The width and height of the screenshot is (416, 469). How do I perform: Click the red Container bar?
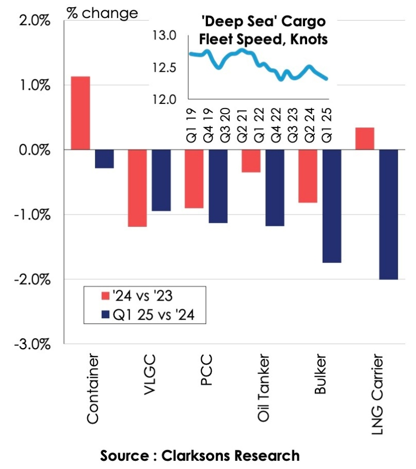81,113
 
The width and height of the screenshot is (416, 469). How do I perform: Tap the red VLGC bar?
137,188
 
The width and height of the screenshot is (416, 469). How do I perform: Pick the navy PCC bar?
217,186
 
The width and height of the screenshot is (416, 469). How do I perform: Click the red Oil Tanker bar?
251,161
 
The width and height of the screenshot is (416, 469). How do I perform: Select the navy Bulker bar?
331,206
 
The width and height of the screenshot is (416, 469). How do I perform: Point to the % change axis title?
103,13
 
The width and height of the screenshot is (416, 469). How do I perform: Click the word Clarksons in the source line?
195,456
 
